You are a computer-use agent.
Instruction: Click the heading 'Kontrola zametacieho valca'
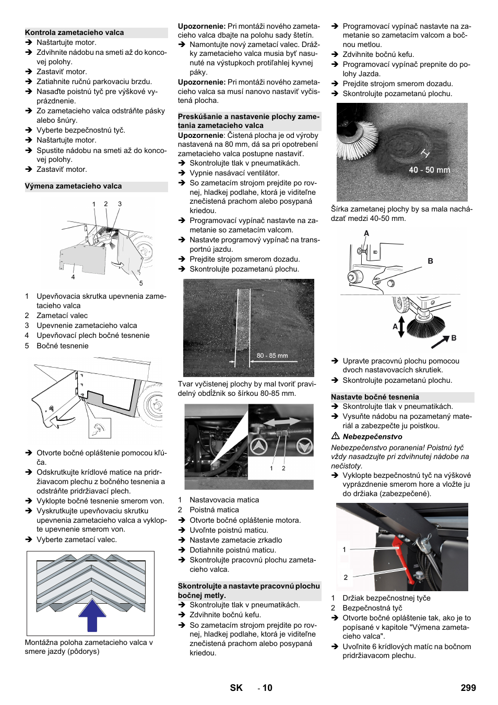(x=74, y=32)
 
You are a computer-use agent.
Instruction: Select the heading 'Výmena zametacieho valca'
(x=73, y=186)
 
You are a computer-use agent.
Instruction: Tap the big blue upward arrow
(x=92, y=615)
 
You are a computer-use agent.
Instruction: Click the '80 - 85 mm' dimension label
(x=272, y=356)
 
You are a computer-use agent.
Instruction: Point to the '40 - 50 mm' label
(x=429, y=170)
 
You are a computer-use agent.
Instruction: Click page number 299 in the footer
(x=468, y=688)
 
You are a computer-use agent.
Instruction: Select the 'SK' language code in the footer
(x=236, y=688)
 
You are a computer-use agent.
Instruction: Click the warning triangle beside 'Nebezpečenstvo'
(x=336, y=436)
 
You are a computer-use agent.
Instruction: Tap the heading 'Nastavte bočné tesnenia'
(x=375, y=397)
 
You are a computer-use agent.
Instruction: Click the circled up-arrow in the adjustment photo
(x=258, y=446)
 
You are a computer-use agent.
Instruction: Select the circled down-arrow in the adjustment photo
(x=304, y=446)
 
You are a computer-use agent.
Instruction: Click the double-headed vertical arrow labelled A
(x=401, y=326)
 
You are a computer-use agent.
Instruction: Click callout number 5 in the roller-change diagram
(x=141, y=283)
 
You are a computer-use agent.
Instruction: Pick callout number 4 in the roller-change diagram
(x=73, y=277)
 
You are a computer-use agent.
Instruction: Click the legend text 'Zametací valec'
(x=62, y=315)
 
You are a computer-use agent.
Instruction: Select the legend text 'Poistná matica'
(x=214, y=510)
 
